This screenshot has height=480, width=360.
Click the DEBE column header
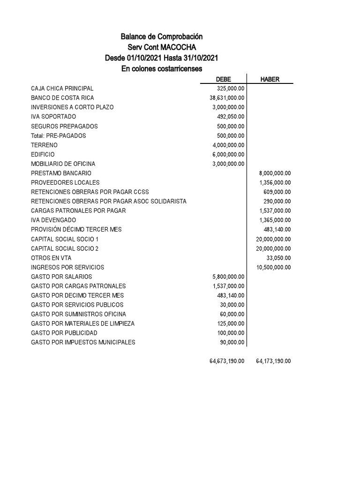click(x=223, y=79)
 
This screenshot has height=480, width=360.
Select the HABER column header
click(x=270, y=79)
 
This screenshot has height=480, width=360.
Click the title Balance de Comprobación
click(x=162, y=37)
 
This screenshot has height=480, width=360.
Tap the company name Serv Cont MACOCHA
click(x=162, y=47)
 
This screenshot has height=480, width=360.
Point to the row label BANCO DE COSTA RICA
click(x=62, y=98)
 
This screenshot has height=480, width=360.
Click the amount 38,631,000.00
click(x=227, y=98)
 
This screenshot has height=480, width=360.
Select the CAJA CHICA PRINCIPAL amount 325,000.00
click(x=231, y=89)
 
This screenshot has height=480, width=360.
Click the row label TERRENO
click(x=45, y=145)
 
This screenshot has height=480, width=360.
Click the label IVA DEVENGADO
click(x=53, y=220)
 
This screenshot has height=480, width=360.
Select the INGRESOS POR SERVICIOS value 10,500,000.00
click(x=273, y=267)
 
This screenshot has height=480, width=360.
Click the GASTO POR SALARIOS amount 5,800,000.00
click(x=228, y=277)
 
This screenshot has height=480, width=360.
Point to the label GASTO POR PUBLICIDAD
click(x=64, y=333)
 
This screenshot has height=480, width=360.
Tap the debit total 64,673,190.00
click(x=227, y=361)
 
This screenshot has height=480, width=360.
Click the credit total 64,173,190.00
click(x=273, y=361)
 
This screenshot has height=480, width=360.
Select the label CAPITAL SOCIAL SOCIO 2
click(x=65, y=248)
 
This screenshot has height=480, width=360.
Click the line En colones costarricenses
click(x=162, y=69)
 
